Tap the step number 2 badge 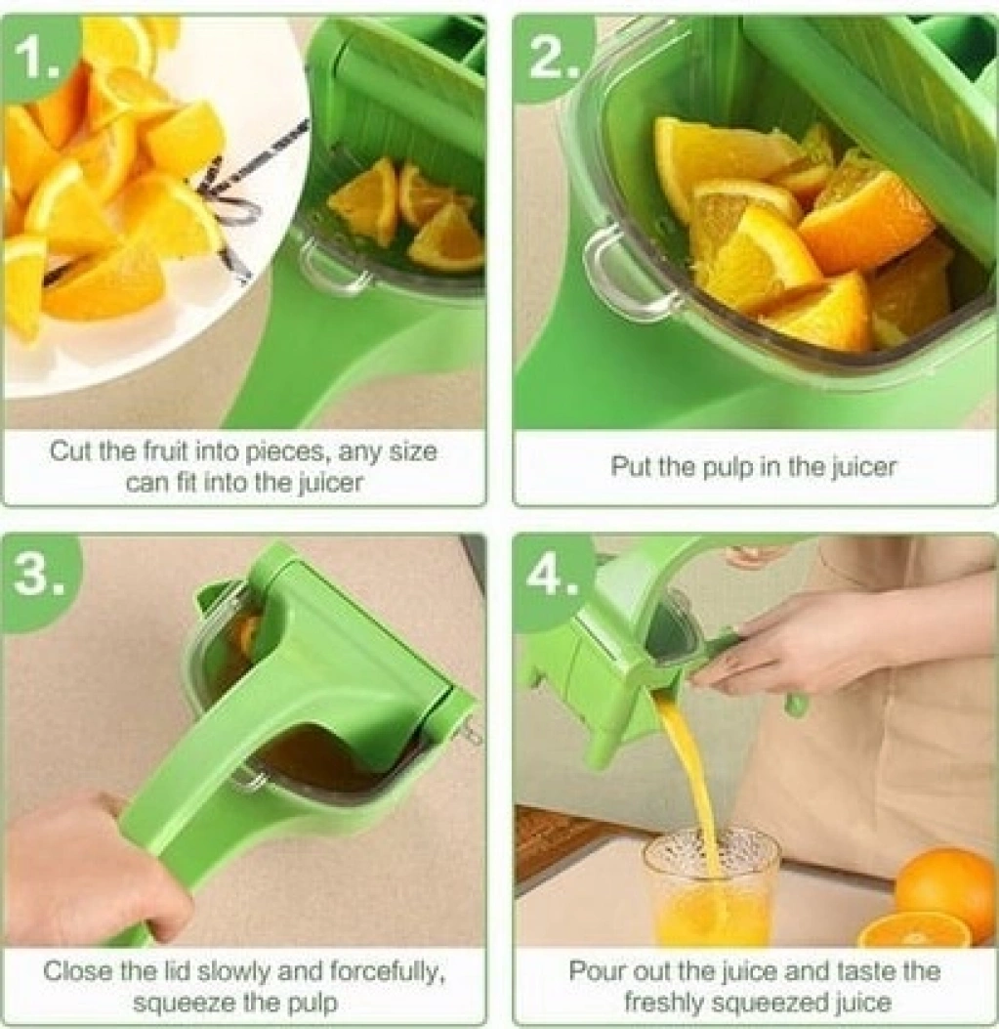coord(551,59)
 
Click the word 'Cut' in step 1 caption coord(71,451)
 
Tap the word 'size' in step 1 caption coord(413,451)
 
